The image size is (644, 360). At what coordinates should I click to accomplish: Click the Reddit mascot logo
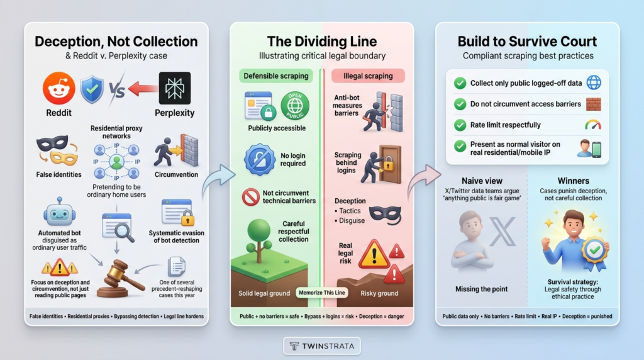click(x=59, y=88)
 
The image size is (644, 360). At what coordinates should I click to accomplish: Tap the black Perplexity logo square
click(x=175, y=88)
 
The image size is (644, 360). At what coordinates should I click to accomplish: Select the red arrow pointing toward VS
click(x=143, y=88)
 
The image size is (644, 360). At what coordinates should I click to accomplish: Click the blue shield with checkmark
click(x=92, y=89)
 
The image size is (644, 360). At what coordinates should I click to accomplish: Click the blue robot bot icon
click(x=60, y=212)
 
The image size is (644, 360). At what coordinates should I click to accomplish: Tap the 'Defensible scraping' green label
click(x=276, y=76)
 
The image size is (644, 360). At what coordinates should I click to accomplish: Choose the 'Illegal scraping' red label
click(x=368, y=76)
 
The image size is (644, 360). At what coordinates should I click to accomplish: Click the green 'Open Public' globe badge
click(x=295, y=106)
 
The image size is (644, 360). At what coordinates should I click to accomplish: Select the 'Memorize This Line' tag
click(x=322, y=293)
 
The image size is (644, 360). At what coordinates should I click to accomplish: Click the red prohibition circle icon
click(x=250, y=197)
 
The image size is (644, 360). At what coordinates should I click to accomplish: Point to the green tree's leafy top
click(x=258, y=231)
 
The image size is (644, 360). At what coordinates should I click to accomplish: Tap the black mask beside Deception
click(x=385, y=215)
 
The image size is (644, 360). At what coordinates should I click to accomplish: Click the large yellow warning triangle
click(x=374, y=255)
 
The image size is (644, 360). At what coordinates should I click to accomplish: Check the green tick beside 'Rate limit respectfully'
click(x=460, y=125)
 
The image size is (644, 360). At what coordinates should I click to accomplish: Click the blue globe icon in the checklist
click(x=594, y=82)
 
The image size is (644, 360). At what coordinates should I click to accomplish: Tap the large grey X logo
click(x=502, y=232)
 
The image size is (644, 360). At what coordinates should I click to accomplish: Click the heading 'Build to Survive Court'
click(x=528, y=42)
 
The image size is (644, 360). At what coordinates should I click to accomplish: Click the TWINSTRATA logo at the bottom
click(x=322, y=346)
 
